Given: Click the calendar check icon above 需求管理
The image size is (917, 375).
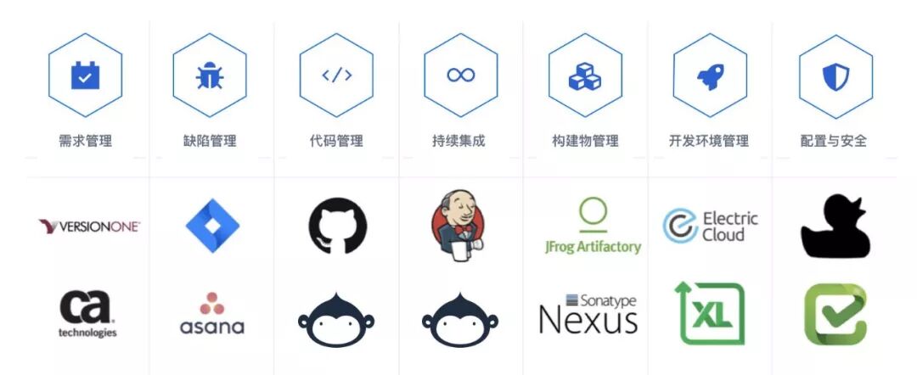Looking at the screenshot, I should point(85,76).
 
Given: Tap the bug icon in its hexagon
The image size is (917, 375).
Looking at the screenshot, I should point(210,76).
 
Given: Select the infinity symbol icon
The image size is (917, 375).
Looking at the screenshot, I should point(461,76).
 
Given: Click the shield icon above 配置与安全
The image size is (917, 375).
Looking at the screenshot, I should point(835,76).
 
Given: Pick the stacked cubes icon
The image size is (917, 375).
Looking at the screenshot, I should point(585,76).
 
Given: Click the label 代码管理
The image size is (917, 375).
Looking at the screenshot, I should point(336,141).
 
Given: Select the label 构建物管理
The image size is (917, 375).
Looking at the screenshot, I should point(585,141).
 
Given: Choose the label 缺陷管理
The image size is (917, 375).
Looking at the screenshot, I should point(210,141).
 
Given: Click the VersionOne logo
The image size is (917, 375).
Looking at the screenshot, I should point(89,227).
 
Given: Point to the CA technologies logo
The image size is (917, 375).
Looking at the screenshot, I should point(87,313).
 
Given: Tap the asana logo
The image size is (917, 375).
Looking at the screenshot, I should point(212,314).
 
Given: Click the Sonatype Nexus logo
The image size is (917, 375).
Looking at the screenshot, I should point(588,314).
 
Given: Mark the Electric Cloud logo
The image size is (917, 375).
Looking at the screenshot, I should point(710,227).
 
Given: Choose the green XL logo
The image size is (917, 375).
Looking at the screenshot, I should point(710,314).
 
